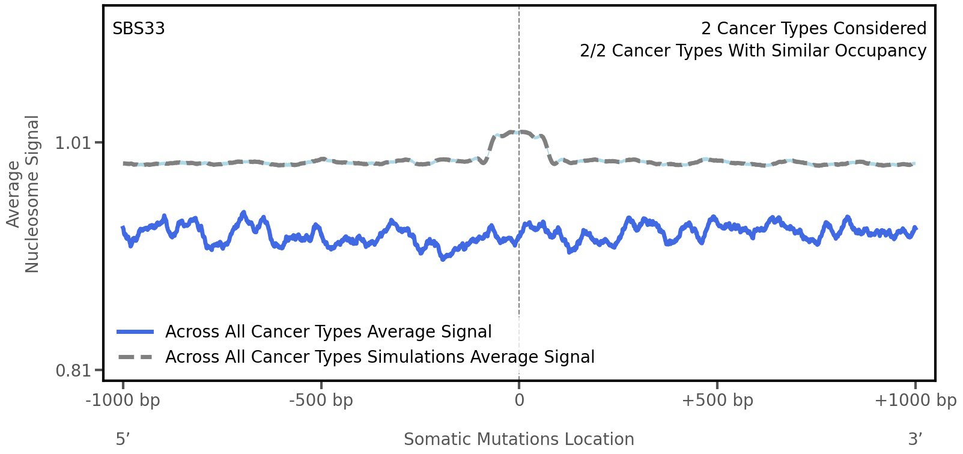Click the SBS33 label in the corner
[x=139, y=29]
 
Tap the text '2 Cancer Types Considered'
[x=813, y=29]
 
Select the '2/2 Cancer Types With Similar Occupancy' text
[x=753, y=51]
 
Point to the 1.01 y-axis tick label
[x=72, y=143]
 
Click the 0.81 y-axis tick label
[x=72, y=371]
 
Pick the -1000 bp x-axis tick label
[x=123, y=401]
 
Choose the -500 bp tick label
[x=321, y=401]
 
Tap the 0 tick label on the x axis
[x=519, y=401]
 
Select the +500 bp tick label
[x=717, y=401]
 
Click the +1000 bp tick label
[x=915, y=401]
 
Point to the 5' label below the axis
[x=123, y=439]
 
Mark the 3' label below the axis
[x=915, y=439]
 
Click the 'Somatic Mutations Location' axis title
[x=518, y=439]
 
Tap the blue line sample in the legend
[x=136, y=332]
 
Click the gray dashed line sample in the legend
[x=136, y=357]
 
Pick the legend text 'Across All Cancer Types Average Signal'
[x=328, y=332]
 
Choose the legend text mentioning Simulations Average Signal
[x=380, y=357]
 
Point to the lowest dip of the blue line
[x=443, y=259]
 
